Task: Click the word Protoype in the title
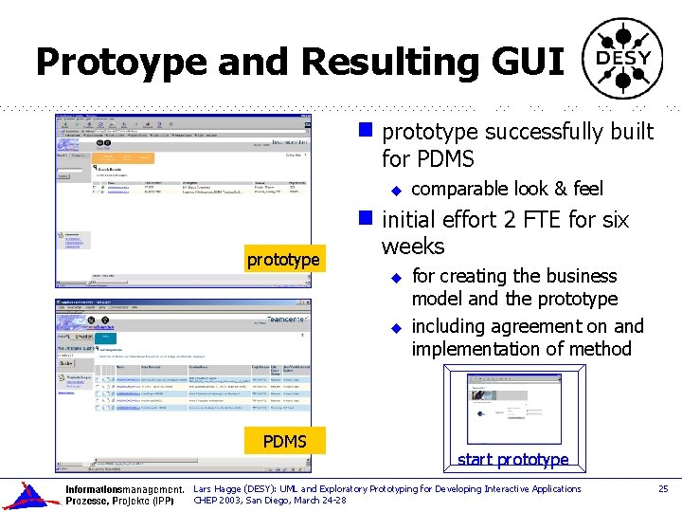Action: pos(121,62)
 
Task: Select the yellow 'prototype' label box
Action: pos(282,259)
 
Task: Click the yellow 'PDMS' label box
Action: pos(284,441)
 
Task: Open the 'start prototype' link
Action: pos(512,460)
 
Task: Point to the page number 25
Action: pos(663,488)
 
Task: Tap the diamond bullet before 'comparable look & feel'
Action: pos(398,190)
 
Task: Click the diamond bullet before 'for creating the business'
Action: pos(398,277)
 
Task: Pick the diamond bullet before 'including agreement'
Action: pos(398,327)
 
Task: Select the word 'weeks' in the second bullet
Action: pos(413,247)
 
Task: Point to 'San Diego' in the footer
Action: pos(276,500)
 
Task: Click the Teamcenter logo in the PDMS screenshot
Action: pos(286,320)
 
